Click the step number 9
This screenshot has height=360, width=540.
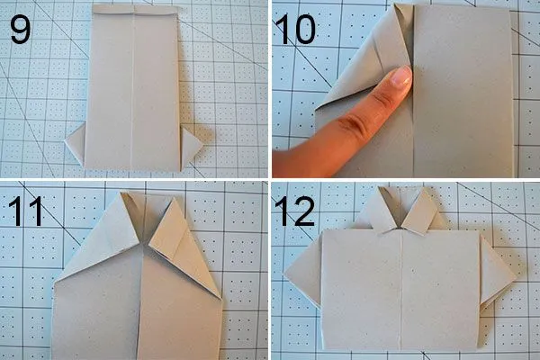coord(21,30)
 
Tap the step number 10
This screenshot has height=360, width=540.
coord(295,30)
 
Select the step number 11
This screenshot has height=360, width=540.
coord(26,211)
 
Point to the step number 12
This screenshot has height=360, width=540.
coord(295,211)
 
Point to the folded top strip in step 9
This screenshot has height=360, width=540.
coord(135,10)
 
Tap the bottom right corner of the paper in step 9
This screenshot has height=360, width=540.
coord(179,171)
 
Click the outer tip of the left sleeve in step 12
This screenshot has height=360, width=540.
coord(283,274)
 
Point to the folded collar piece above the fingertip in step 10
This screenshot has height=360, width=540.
coord(396,35)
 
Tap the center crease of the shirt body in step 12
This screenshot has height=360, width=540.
coord(400,290)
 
